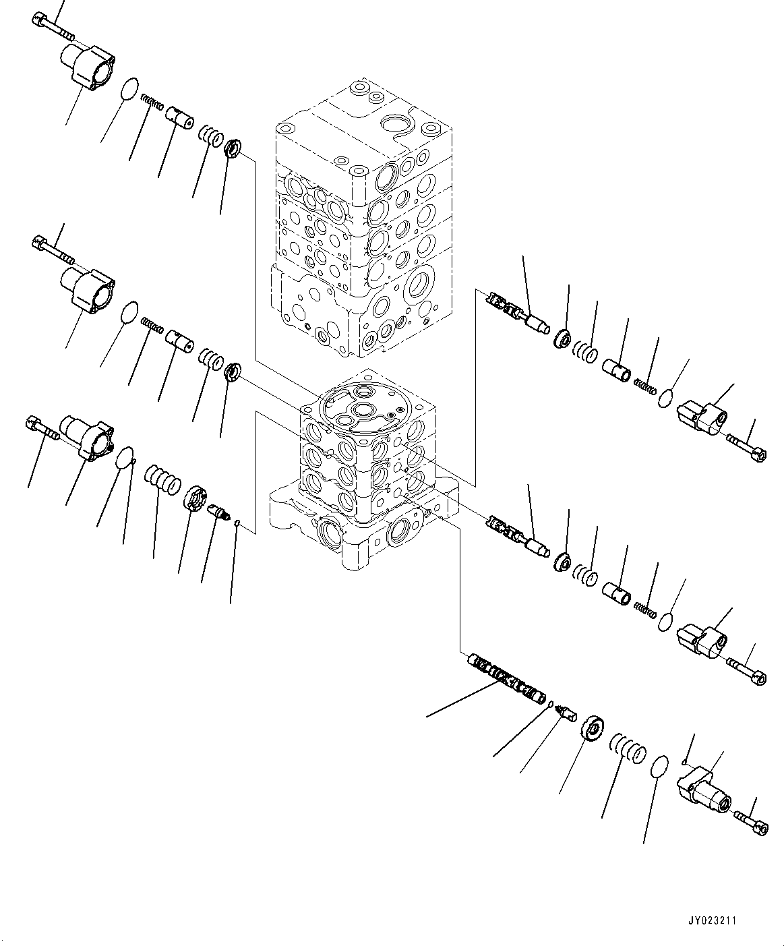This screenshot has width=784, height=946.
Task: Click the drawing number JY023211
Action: [731, 919]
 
